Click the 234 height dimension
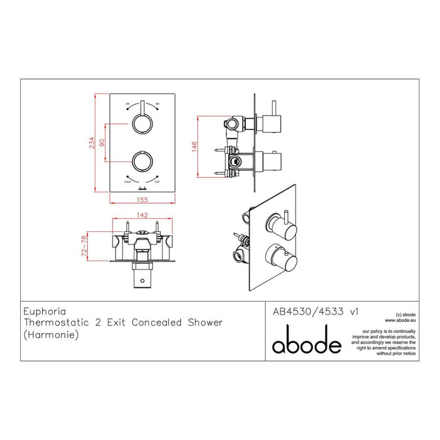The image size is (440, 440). point(92,143)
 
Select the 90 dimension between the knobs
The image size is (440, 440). point(103,143)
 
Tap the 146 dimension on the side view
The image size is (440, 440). point(195,146)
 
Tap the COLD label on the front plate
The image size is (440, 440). point(128,181)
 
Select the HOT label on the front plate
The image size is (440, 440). point(157,181)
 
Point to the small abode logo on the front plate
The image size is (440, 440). point(143,187)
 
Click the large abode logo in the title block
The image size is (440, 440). point(306,343)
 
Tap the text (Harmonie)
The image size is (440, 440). point(50,334)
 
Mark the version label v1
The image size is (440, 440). point(353,310)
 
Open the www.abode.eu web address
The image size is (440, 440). point(400,319)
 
